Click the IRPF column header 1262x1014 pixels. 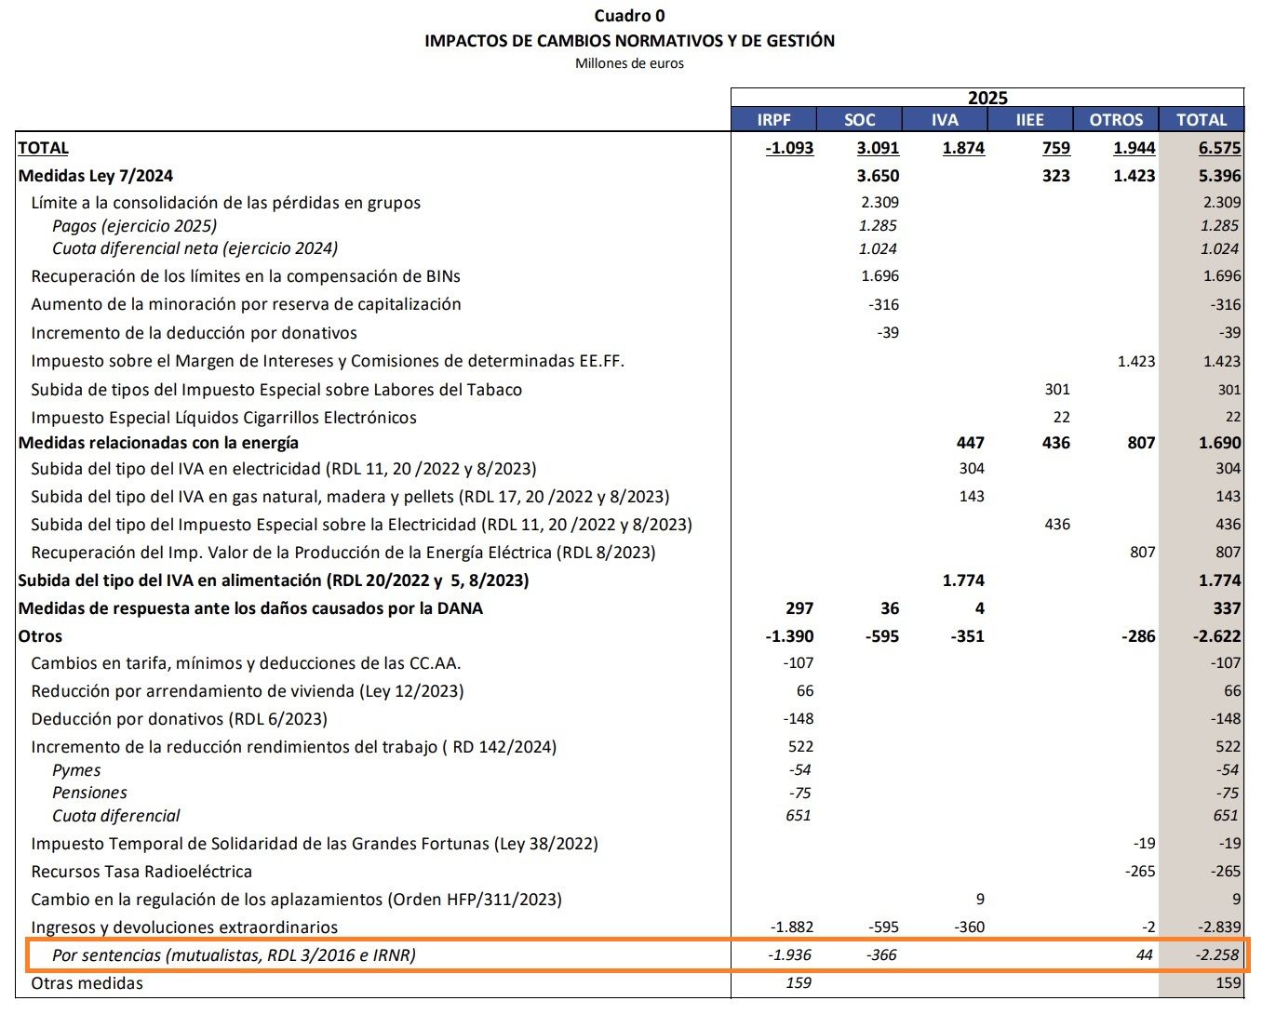tap(773, 119)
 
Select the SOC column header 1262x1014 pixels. tap(859, 119)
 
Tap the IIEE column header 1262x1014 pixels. tap(1029, 119)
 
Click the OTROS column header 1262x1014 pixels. tap(1116, 119)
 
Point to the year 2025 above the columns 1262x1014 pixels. tap(987, 98)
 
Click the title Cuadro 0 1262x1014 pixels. tap(629, 15)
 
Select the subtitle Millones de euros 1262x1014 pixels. tap(629, 63)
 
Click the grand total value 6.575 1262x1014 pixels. tap(1220, 147)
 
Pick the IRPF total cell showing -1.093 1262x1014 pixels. tap(789, 147)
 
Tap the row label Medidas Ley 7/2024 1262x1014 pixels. tap(96, 176)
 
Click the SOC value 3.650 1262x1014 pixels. tap(878, 176)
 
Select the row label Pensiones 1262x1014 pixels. tap(89, 793)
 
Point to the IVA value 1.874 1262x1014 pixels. tap(963, 147)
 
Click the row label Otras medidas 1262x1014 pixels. tap(87, 983)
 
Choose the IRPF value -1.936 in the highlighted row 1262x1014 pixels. tap(790, 954)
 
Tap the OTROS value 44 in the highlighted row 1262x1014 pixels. tap(1145, 954)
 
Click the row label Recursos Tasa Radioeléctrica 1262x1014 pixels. tap(141, 872)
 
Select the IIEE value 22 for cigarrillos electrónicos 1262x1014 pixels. tap(1061, 418)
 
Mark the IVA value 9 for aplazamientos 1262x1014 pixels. tap(979, 900)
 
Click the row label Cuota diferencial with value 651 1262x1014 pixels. tap(116, 816)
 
